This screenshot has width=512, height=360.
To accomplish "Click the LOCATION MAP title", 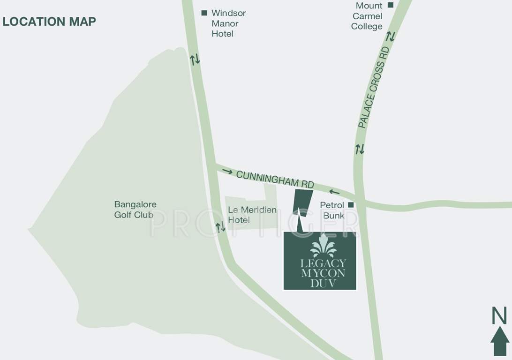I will [49, 22].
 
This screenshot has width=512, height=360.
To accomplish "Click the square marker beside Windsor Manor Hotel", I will [204, 13].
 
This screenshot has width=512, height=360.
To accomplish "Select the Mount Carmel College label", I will [367, 16].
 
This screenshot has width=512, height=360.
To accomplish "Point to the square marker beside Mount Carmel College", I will [390, 6].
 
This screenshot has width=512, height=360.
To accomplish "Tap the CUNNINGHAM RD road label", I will [275, 180].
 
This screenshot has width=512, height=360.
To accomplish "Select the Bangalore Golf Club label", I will [135, 210].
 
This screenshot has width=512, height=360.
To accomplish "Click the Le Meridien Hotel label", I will [252, 215].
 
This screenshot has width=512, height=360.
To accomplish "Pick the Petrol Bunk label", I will [332, 210].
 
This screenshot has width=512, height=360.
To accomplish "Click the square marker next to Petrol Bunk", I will [350, 205].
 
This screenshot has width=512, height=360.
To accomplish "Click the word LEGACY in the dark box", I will [321, 263].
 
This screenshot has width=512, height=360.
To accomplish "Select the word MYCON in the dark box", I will [321, 273].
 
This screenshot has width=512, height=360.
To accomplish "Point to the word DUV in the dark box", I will [321, 284].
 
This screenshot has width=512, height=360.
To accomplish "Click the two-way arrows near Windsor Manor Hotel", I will [195, 60].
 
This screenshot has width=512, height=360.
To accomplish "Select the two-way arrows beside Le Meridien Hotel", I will [220, 227].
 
